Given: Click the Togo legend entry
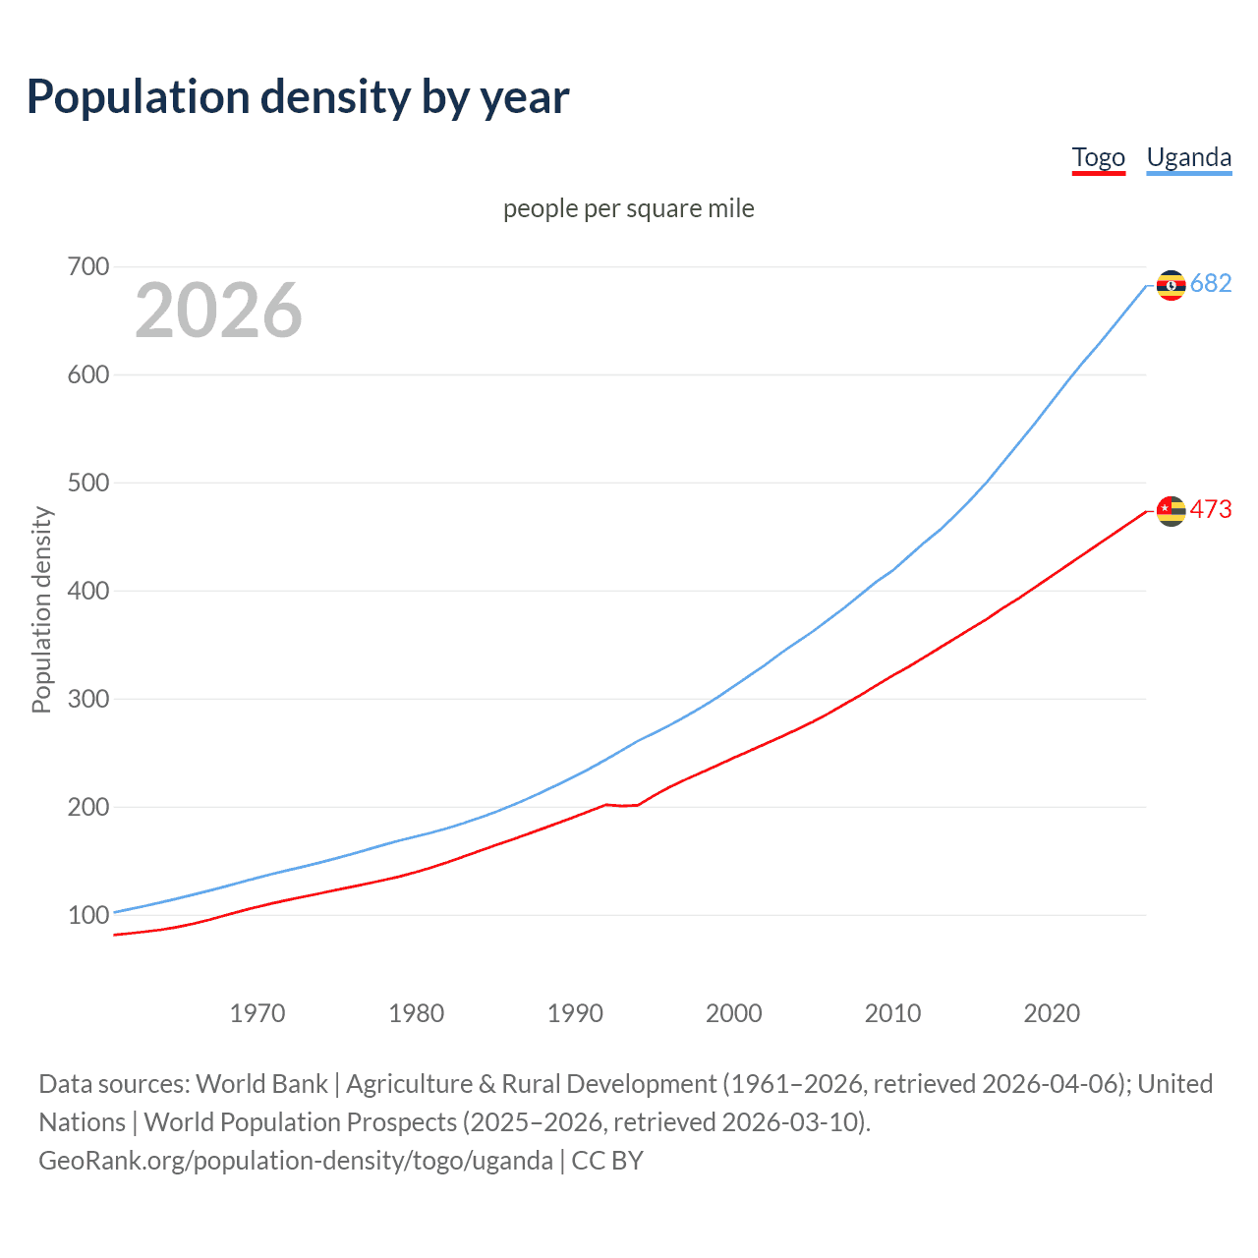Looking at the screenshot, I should pyautogui.click(x=1098, y=157).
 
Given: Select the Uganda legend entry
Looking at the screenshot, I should pyautogui.click(x=1188, y=157).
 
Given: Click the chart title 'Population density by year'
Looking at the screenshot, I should pyautogui.click(x=298, y=96).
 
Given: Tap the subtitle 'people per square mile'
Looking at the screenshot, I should pyautogui.click(x=628, y=208).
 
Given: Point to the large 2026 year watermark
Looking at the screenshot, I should pyautogui.click(x=218, y=311).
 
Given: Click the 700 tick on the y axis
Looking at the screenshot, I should pyautogui.click(x=88, y=266).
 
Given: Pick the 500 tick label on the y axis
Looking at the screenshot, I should pyautogui.click(x=88, y=483).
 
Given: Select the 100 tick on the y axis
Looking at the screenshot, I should pyautogui.click(x=88, y=915).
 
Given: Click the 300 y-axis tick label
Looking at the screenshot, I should pyautogui.click(x=88, y=699).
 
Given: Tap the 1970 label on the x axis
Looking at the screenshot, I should pyautogui.click(x=257, y=1013).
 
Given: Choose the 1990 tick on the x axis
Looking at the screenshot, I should pyautogui.click(x=575, y=1013).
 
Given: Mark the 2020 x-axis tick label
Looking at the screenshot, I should pyautogui.click(x=1052, y=1013).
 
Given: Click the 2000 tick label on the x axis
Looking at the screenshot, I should pyautogui.click(x=734, y=1013).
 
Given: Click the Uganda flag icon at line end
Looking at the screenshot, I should pyautogui.click(x=1171, y=285).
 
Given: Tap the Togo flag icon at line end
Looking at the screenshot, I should pyautogui.click(x=1171, y=511).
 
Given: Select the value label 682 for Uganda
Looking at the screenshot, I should pyautogui.click(x=1211, y=284).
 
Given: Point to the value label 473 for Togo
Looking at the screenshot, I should pyautogui.click(x=1211, y=509).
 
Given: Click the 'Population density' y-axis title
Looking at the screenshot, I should pyautogui.click(x=41, y=609).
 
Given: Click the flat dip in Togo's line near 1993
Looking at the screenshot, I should pyautogui.click(x=622, y=806).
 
